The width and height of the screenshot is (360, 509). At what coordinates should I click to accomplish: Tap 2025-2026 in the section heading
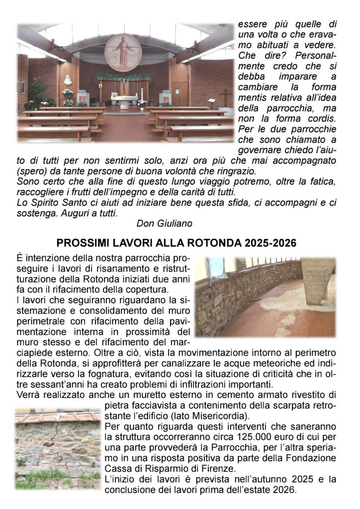tap(270, 243)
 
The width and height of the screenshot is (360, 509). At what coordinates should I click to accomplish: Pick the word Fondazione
tap(313, 457)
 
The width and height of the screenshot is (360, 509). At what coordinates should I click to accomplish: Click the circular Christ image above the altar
tap(122, 52)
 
